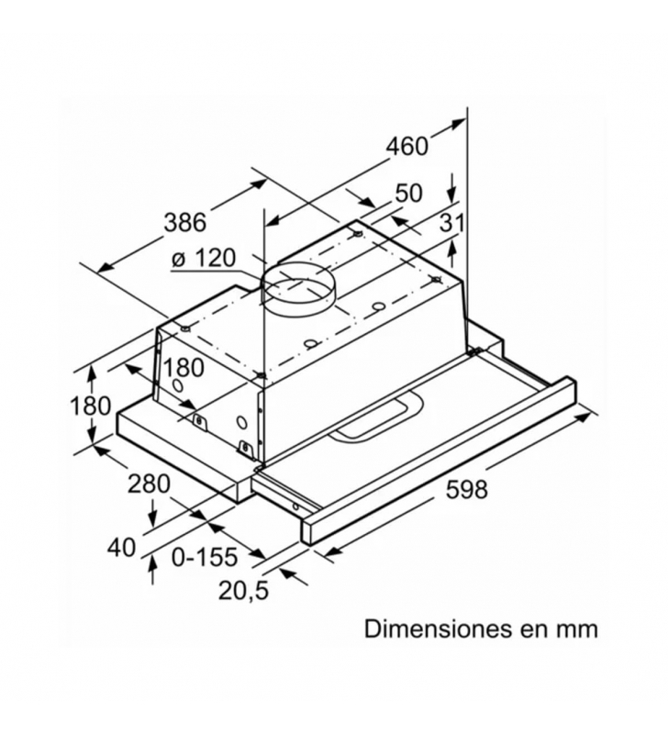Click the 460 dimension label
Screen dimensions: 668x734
406,146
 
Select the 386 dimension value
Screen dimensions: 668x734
185,222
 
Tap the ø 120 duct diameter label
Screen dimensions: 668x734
203,258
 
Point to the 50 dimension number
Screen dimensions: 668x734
408,193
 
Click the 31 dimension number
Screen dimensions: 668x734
451,223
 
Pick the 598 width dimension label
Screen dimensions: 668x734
467,490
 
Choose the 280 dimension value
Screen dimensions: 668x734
149,484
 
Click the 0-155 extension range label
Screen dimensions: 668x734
205,557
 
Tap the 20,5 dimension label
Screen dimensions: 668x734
243,591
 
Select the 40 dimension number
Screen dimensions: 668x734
121,547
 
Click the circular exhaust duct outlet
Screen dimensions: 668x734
298,289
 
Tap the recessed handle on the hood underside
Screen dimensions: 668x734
375,420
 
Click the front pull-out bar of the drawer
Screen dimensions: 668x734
439,461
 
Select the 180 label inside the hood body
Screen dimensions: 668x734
183,368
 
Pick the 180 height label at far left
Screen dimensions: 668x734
90,406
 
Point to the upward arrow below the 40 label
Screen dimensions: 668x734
152,570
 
